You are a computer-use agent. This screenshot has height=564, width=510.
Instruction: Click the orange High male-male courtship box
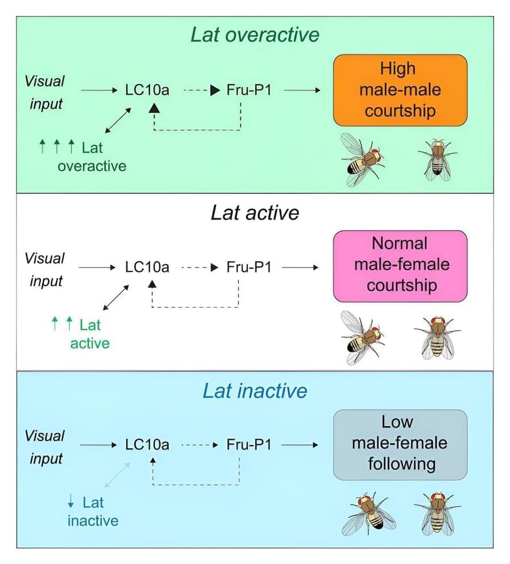pos(399,90)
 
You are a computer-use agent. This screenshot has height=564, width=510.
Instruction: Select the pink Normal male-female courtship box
pos(399,265)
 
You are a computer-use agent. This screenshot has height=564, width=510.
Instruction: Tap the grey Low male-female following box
pos(399,443)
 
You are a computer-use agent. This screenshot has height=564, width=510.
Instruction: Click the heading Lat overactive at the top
pos(255,35)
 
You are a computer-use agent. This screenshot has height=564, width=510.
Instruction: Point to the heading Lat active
pos(254,213)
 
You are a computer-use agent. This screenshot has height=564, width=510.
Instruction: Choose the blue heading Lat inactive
pos(255,391)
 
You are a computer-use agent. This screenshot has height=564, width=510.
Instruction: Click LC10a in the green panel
pos(147,90)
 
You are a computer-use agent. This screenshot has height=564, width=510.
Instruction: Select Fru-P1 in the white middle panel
pos(249,266)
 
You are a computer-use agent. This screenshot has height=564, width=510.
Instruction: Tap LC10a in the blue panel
pos(147,445)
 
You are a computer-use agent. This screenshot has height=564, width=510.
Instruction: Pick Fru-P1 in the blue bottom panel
pos(249,445)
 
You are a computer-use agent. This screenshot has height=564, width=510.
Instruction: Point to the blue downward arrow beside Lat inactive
pos(71,501)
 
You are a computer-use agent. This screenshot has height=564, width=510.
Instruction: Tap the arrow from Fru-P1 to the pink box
pos(300,266)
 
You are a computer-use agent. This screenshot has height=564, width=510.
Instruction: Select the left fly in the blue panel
pos(368,513)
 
